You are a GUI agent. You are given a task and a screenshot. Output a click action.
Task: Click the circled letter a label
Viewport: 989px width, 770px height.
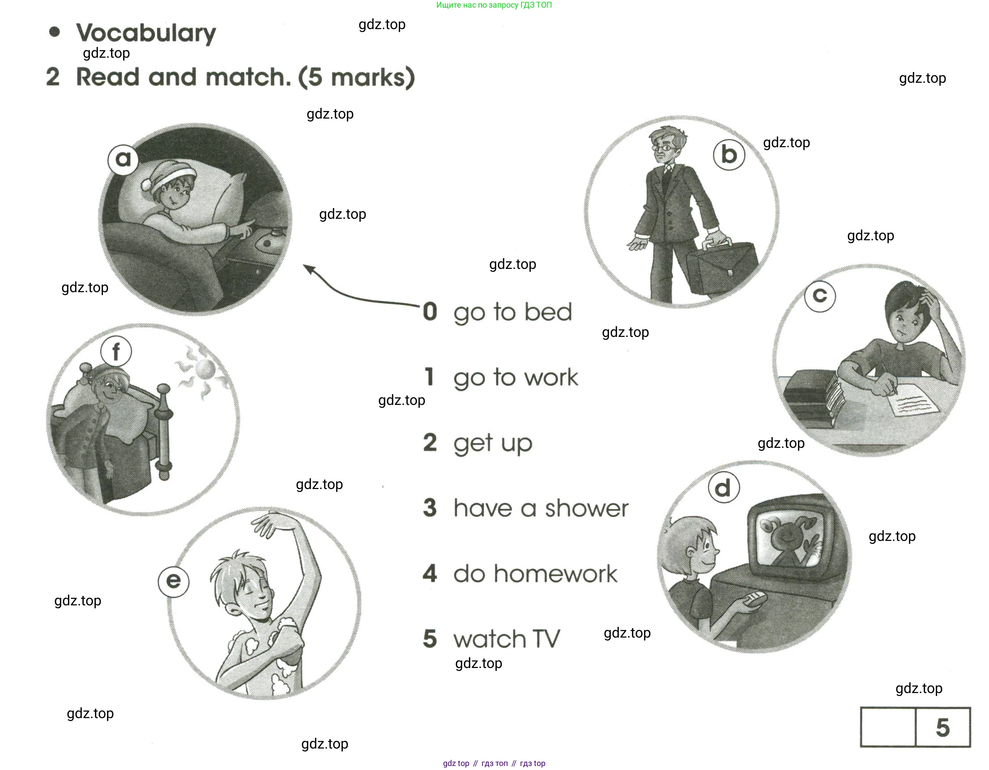tap(123, 159)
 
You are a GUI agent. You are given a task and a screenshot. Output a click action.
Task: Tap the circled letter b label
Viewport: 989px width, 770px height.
tap(729, 155)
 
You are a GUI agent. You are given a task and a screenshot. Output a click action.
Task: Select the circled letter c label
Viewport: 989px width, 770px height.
tap(820, 296)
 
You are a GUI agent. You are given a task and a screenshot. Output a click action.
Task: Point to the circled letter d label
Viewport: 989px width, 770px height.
tap(723, 488)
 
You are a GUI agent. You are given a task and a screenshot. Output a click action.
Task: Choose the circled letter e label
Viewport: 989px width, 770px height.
tap(174, 581)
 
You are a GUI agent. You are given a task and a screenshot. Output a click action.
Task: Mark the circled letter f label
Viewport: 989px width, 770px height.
tap(116, 351)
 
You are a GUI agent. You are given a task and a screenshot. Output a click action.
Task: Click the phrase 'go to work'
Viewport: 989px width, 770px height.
tap(516, 378)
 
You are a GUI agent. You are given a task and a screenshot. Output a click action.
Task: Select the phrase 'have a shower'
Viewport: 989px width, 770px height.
tap(541, 508)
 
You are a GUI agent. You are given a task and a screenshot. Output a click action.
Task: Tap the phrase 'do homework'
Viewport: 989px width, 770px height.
tap(535, 574)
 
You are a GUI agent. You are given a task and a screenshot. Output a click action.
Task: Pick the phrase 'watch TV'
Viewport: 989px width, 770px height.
tap(507, 639)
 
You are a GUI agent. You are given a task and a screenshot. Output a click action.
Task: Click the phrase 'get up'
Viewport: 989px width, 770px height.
tap(493, 443)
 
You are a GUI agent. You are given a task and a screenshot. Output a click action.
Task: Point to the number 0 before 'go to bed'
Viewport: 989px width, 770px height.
tap(430, 311)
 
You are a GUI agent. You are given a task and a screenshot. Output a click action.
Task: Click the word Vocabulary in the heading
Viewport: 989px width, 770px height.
tap(146, 33)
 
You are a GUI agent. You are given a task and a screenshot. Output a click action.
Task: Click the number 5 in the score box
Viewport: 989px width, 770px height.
tap(943, 728)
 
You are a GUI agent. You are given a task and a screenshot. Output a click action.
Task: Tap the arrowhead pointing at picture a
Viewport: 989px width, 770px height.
tap(309, 269)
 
